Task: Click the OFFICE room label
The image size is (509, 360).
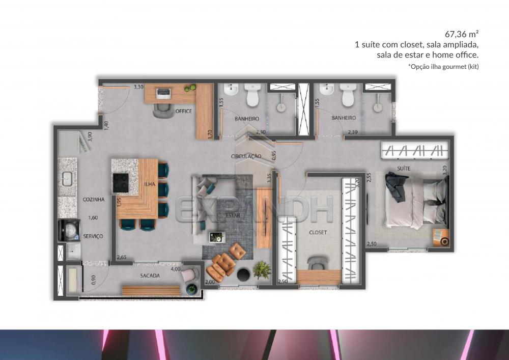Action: click(x=183, y=111)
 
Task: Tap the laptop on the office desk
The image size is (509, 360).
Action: click(x=163, y=93)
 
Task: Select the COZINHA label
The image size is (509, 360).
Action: click(x=94, y=200)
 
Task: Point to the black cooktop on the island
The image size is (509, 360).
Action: click(x=121, y=183)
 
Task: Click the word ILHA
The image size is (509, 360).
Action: click(x=150, y=184)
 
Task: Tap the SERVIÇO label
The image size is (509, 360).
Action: click(x=93, y=236)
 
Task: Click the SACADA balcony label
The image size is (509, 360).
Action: click(x=150, y=275)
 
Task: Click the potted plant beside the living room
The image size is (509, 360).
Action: click(x=262, y=269)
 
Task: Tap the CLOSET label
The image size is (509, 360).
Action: click(x=318, y=232)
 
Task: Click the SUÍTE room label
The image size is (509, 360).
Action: click(x=404, y=168)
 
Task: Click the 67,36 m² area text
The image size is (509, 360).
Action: click(x=462, y=34)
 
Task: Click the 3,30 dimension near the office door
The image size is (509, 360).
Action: click(x=138, y=87)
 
